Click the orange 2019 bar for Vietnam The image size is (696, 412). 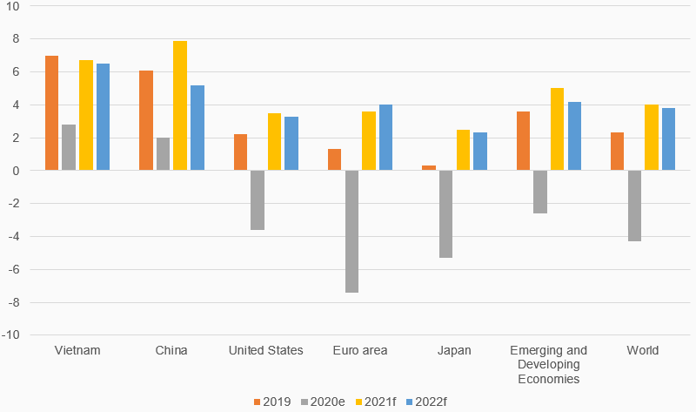pos(52,113)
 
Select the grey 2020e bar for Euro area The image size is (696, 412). pos(352,232)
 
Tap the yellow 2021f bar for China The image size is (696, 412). pos(180,105)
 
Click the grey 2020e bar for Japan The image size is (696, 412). pos(445,214)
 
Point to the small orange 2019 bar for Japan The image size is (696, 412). pos(429,168)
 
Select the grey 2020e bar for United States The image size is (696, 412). pos(258,200)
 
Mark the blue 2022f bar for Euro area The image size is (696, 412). pos(385,138)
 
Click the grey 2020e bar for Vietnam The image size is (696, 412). pos(69,147)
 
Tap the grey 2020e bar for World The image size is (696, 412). pos(634,206)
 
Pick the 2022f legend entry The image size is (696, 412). pos(432,401)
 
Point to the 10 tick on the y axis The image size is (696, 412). pos(16,6)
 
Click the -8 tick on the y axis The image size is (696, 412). pos(16,302)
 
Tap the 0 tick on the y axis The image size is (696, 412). pos(17,171)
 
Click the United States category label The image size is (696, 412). pos(265,351)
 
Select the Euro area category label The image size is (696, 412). pos(360,351)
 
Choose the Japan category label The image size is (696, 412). pos(454,351)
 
